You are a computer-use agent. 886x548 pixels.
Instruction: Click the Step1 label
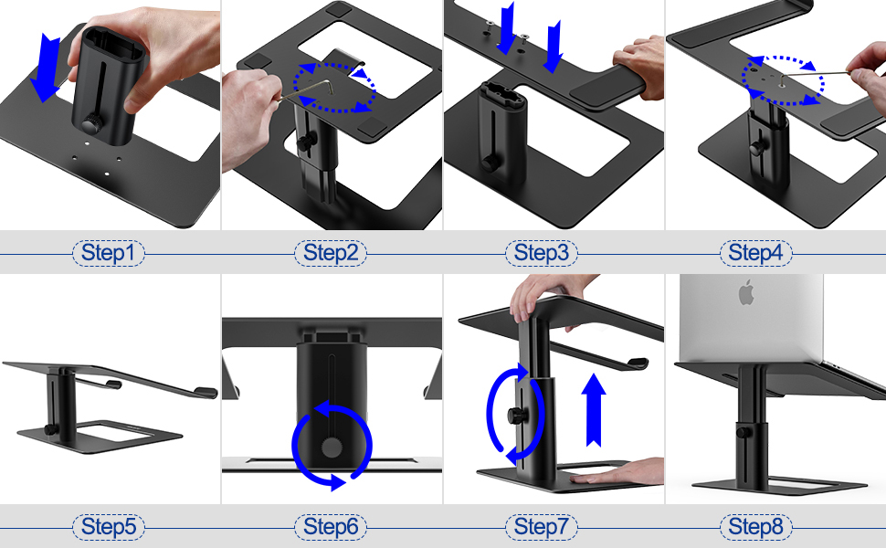[108, 253]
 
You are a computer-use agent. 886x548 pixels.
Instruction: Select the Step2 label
[331, 253]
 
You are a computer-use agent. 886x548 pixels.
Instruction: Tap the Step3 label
[542, 253]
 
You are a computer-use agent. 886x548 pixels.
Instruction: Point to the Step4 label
[756, 253]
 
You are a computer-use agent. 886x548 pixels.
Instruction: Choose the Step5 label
[108, 526]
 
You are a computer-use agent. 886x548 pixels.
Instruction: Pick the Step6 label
[331, 526]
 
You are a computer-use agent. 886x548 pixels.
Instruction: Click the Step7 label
[542, 526]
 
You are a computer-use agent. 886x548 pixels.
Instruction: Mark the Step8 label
[756, 526]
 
